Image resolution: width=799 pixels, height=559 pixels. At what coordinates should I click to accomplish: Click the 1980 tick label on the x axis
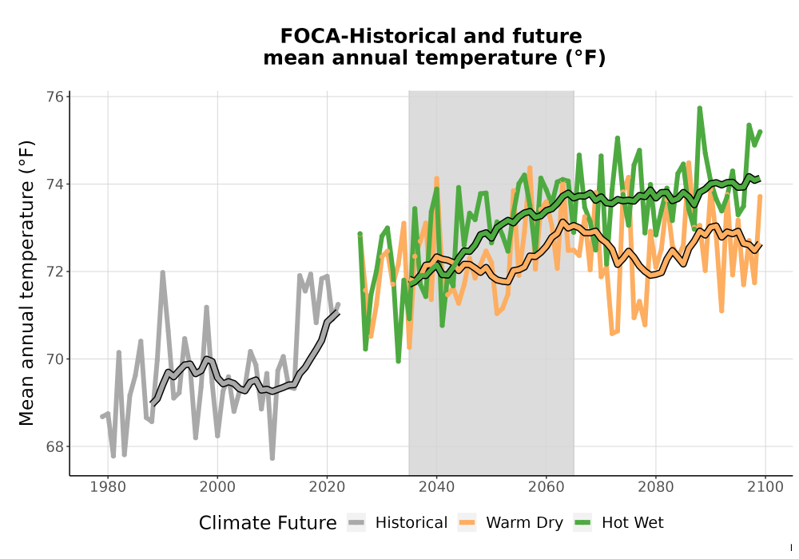point(108,487)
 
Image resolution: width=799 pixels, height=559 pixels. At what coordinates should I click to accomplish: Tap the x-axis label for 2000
point(217,487)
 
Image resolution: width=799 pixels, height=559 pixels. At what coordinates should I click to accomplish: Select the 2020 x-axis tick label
point(327,487)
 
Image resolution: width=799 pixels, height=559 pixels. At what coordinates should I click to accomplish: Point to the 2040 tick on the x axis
point(437,487)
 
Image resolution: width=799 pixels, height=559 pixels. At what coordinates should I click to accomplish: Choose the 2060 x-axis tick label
point(547,487)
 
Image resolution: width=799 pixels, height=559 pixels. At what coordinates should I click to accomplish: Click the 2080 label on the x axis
point(656,487)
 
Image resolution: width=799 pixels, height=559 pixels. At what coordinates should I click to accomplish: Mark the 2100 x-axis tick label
point(765,487)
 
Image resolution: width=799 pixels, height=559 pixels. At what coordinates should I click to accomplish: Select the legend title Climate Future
point(268,523)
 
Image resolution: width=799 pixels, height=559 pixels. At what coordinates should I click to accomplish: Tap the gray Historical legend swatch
point(356,523)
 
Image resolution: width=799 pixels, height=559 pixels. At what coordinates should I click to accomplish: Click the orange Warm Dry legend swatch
point(467,523)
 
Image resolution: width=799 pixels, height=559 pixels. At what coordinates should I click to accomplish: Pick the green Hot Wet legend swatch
point(582,523)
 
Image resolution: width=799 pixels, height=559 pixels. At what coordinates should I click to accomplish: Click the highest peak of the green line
point(700,108)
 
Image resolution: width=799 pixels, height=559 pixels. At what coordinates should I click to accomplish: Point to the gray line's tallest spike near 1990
point(162,272)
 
